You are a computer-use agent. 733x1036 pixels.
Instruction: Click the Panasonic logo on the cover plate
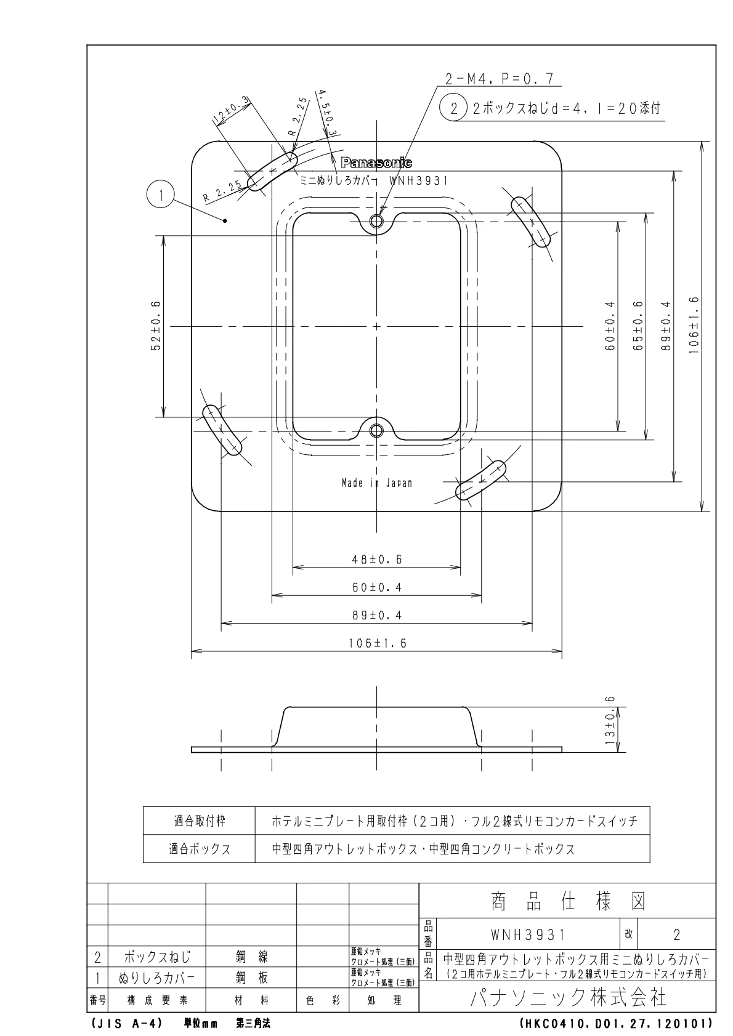tap(377, 163)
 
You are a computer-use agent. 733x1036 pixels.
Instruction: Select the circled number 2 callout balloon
tap(454, 109)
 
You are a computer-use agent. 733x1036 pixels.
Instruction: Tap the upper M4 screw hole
tap(377, 221)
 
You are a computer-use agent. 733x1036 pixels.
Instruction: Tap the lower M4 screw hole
tap(377, 430)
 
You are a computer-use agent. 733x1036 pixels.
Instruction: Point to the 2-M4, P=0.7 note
tap(500, 78)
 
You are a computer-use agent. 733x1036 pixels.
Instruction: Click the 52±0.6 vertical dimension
tap(155, 326)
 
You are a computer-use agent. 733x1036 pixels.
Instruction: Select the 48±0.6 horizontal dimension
tap(377, 559)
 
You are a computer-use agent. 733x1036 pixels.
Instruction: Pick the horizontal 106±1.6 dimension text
tap(377, 643)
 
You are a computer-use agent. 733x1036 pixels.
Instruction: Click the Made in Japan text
tap(377, 483)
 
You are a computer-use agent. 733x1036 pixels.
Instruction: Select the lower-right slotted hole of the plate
tap(480, 481)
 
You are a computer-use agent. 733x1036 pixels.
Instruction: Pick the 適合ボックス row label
tap(200, 849)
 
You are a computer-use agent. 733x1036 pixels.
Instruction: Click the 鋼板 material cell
tap(251, 978)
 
